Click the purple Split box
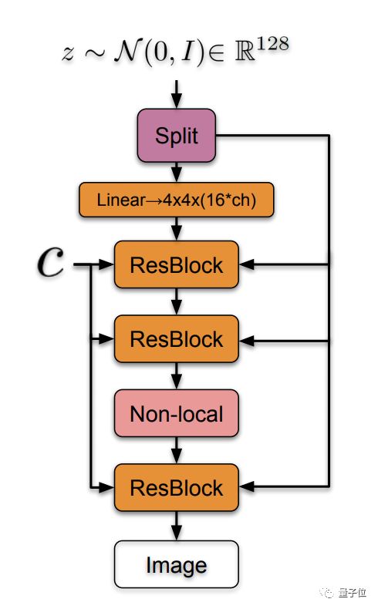[177, 136]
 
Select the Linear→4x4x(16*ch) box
[177, 200]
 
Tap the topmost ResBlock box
[177, 265]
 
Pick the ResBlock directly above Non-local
[177, 339]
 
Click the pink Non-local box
[177, 413]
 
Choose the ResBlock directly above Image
[177, 487]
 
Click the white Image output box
[177, 564]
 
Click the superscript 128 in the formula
[272, 44]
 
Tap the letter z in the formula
[68, 53]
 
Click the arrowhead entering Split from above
[177, 102]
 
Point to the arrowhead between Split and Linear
[177, 175]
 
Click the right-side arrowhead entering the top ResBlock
[247, 265]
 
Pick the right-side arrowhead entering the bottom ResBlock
[247, 486]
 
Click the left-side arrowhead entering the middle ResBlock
[106, 338]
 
